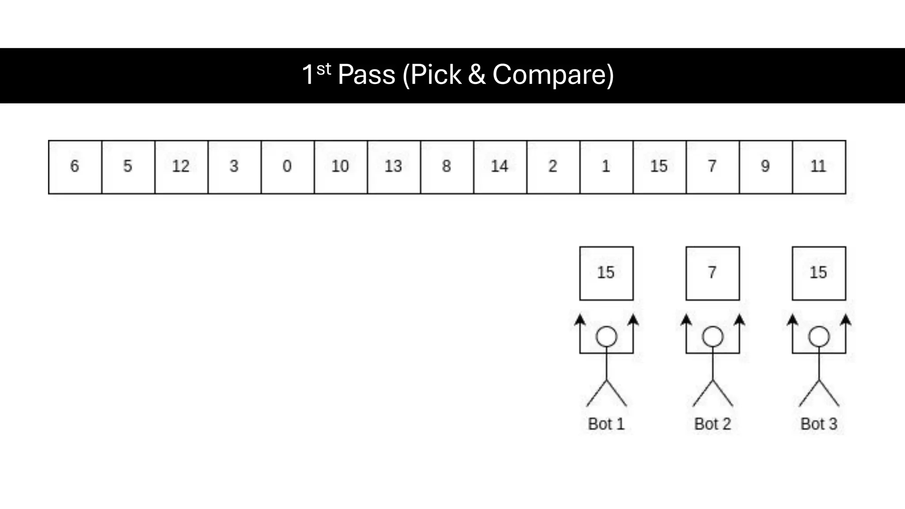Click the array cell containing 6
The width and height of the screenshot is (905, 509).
coord(75,167)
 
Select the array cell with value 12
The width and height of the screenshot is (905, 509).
coord(181,167)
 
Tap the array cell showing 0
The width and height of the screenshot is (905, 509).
coord(287,167)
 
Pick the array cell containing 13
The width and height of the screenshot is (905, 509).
coord(393,167)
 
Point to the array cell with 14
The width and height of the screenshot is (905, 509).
coord(500,167)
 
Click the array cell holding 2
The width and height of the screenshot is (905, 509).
coord(553,167)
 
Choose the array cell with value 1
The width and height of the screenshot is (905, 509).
coord(606,167)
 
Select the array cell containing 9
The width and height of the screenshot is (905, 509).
coord(765,167)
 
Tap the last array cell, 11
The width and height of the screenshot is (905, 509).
coord(819,167)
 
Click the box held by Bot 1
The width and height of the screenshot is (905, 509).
coord(606,273)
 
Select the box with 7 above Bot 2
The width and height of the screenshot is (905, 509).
coord(712,273)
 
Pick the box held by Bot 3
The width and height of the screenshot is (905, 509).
coord(819,273)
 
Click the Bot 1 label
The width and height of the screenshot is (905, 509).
coord(606,424)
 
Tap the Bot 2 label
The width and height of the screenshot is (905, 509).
coord(712,424)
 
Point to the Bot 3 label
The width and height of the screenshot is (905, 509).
coord(819,424)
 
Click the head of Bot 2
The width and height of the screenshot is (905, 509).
coord(712,337)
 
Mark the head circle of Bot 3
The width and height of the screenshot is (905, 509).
coord(819,337)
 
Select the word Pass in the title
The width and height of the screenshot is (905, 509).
coord(366,75)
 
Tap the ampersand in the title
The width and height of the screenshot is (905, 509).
coord(476,75)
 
